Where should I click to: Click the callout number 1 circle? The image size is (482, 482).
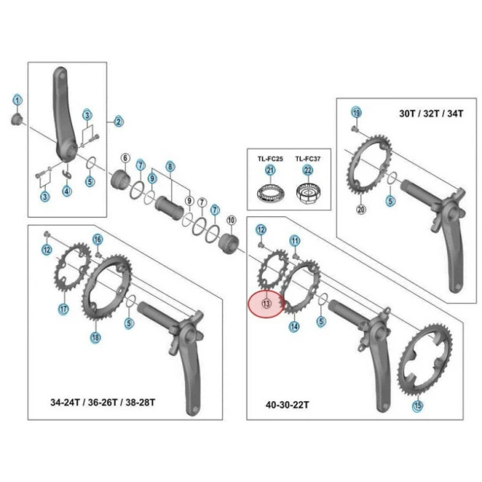[x=17, y=100]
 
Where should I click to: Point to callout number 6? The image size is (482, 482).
[x=124, y=159]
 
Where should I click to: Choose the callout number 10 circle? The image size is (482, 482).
[x=230, y=221]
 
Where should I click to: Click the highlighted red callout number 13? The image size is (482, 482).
[x=266, y=304]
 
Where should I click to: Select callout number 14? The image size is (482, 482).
[x=294, y=327]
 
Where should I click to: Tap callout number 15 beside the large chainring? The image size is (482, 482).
[x=418, y=404]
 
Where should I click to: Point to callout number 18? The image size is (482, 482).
[x=95, y=337]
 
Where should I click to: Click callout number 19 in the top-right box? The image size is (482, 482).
[x=356, y=112]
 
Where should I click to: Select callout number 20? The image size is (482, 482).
[x=361, y=208]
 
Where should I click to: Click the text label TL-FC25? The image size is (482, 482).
[x=271, y=158]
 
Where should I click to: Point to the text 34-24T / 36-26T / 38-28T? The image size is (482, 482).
[x=103, y=402]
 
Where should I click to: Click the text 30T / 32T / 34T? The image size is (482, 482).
[x=431, y=114]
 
